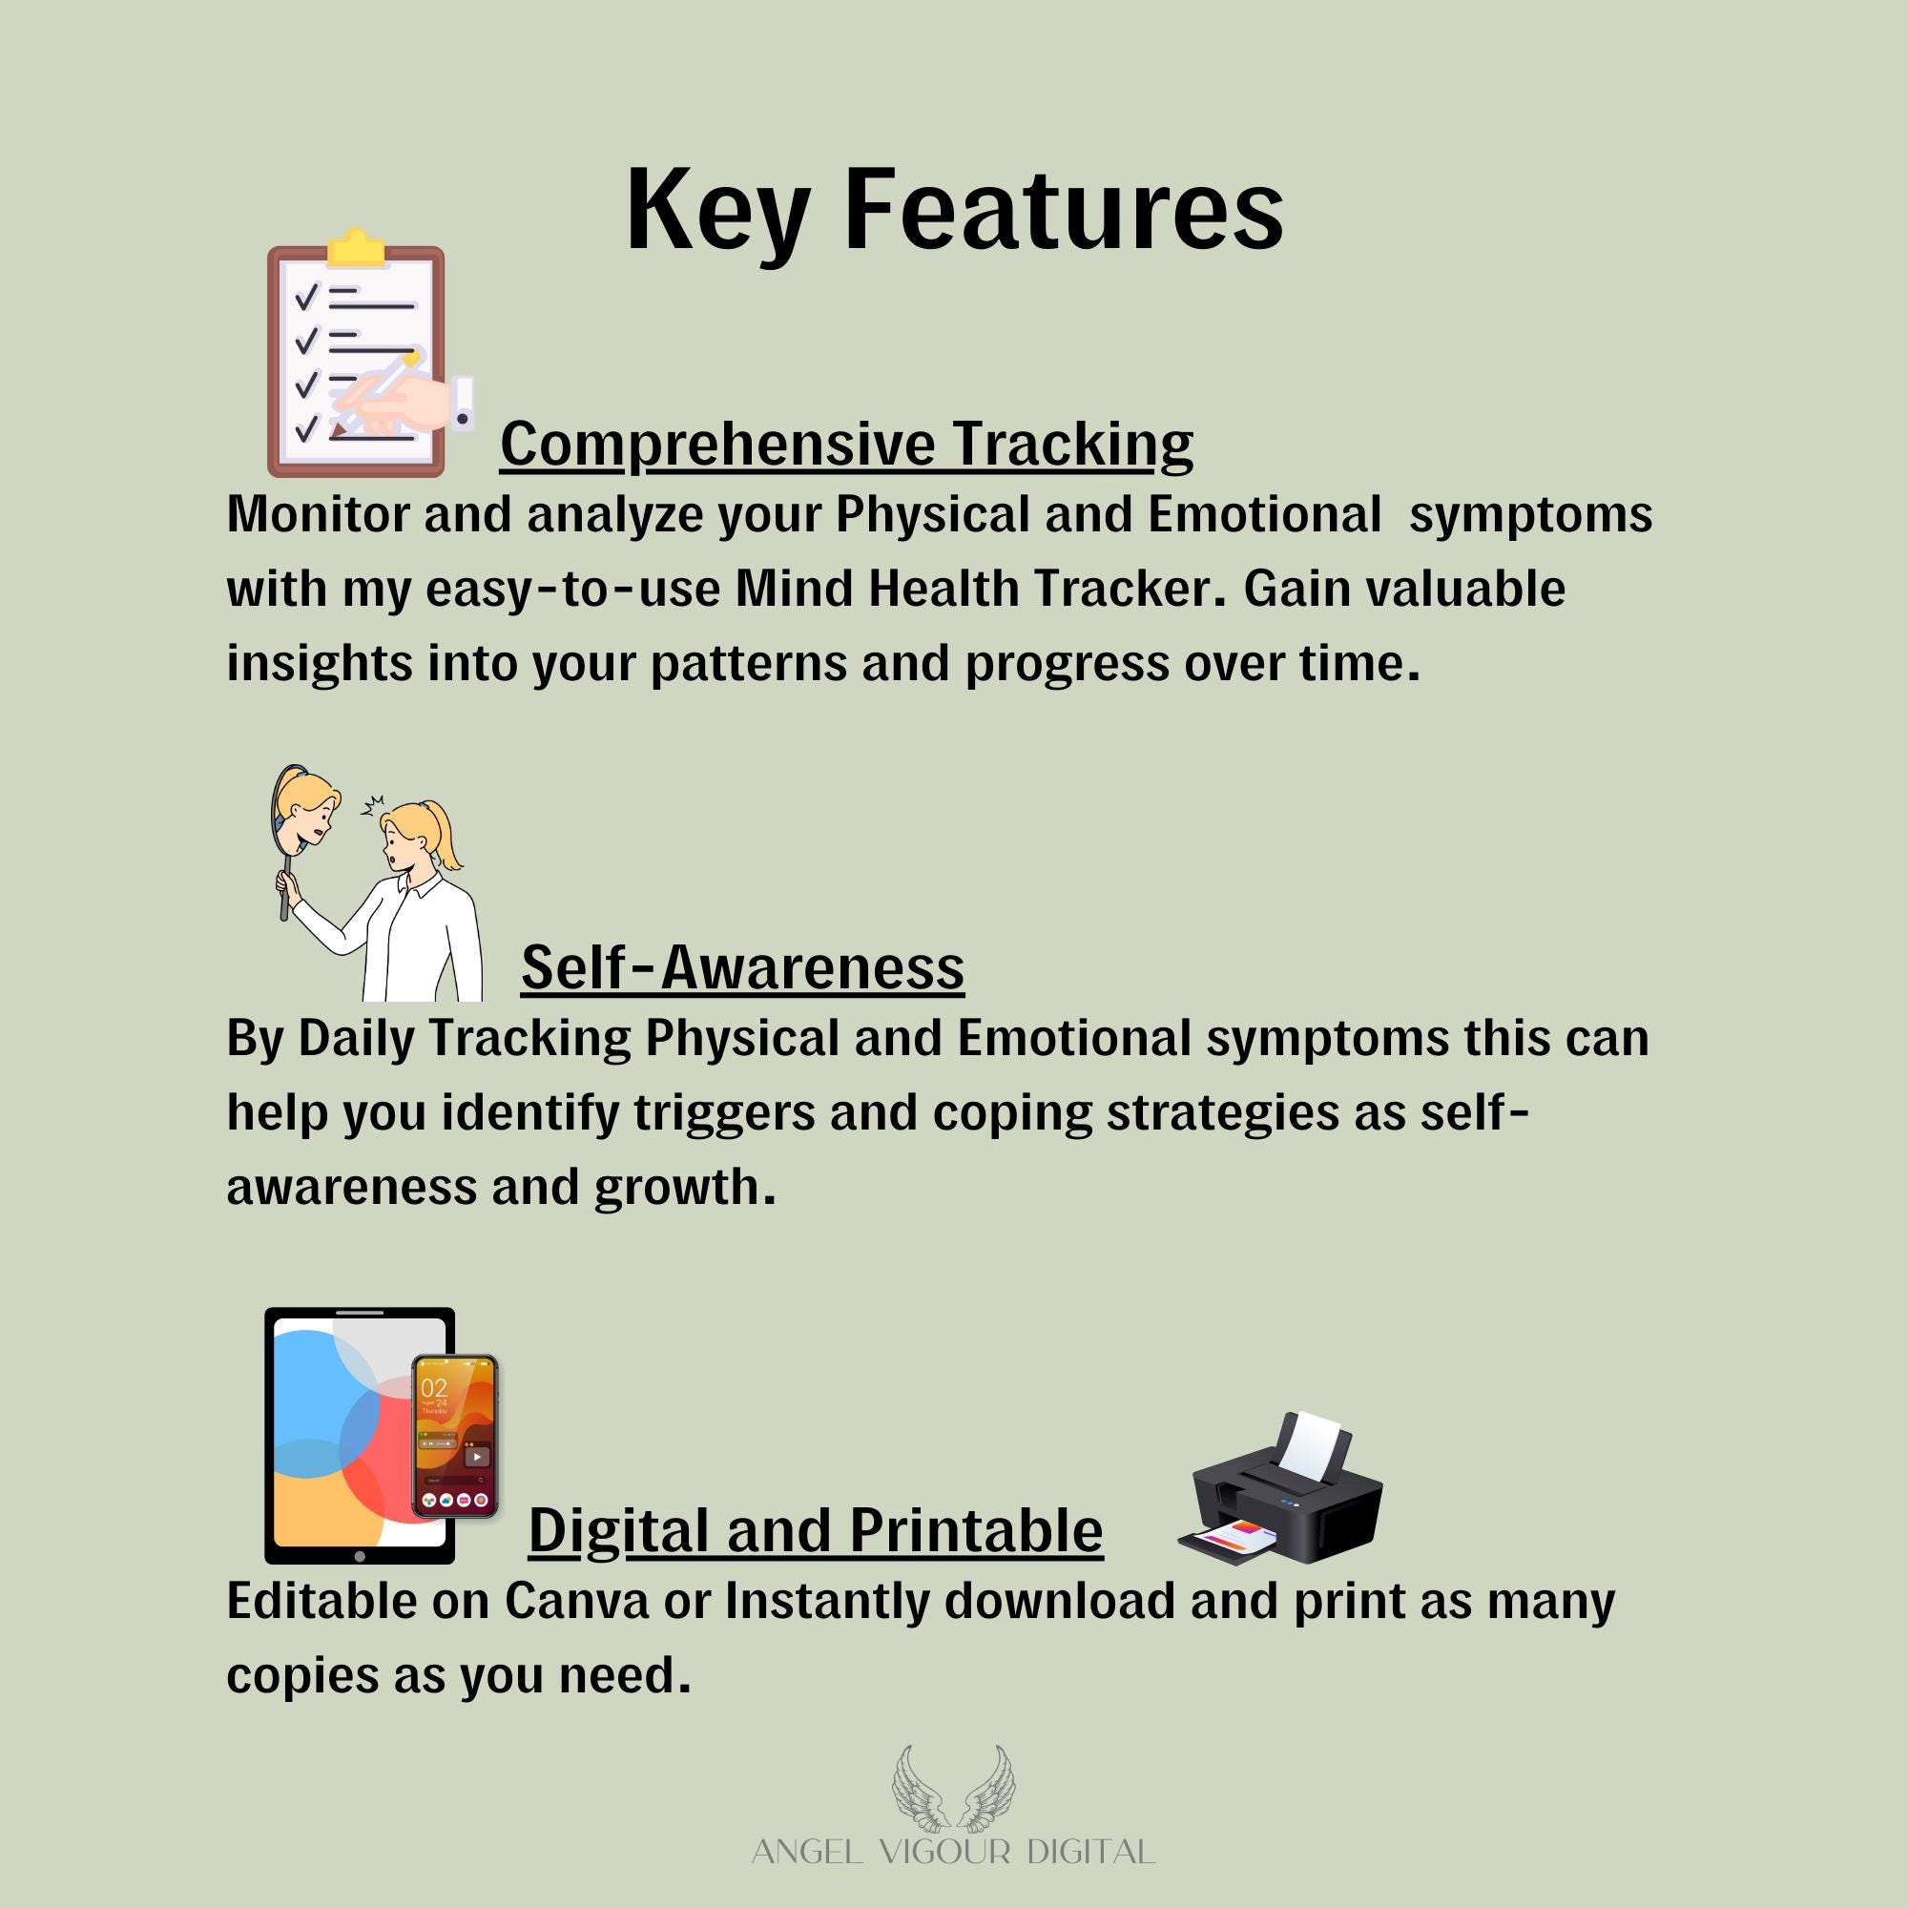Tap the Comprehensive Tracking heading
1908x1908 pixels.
(x=846, y=445)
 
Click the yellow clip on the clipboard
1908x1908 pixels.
(x=356, y=249)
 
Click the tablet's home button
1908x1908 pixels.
(x=360, y=1556)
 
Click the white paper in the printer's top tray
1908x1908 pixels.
(x=1314, y=1447)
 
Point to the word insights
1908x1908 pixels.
(x=319, y=664)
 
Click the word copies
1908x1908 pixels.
(x=302, y=1677)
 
